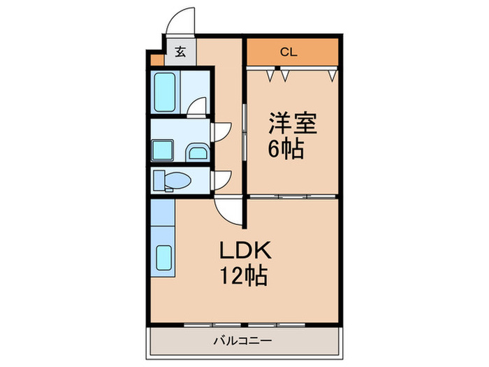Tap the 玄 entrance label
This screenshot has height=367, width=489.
[x=180, y=51]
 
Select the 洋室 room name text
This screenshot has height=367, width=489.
[x=293, y=124]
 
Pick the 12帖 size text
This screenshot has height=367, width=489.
[x=242, y=277]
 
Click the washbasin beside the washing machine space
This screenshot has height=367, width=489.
[x=196, y=152]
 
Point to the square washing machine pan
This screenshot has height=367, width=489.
[x=164, y=149]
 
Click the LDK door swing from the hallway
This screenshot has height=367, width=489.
[x=227, y=209]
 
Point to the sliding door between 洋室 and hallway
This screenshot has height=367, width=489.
[x=244, y=133]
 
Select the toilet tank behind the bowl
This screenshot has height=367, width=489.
[x=159, y=180]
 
